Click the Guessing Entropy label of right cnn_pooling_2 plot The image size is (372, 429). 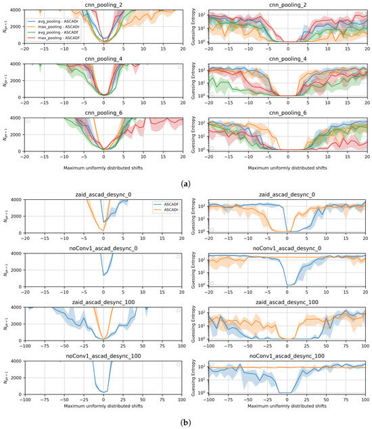click(x=193, y=28)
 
